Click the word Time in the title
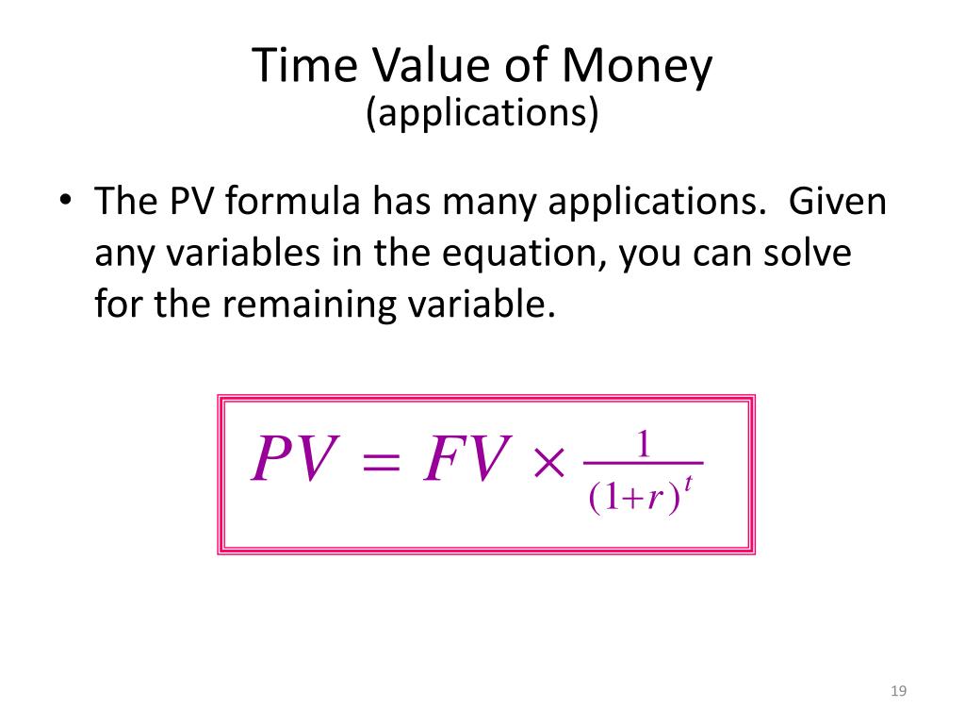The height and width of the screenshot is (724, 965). [304, 65]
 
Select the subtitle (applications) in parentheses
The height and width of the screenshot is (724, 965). [482, 113]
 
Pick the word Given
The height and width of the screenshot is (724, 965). [838, 201]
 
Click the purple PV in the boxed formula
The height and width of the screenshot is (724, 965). [295, 458]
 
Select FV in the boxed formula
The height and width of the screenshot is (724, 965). [467, 458]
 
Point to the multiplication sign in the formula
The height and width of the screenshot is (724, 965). [549, 462]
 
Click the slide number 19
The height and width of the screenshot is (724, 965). [898, 691]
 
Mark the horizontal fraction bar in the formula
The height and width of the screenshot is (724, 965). [643, 463]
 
